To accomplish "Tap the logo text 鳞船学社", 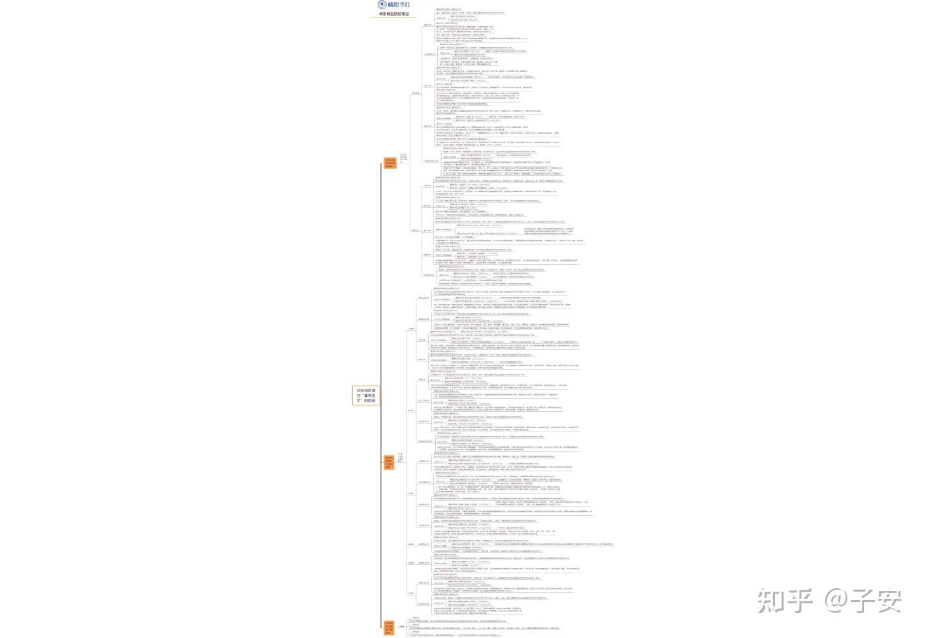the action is [399, 5].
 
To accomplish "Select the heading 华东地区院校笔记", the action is [394, 14].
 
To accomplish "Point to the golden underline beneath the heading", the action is [394, 17].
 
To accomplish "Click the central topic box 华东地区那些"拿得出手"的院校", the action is [366, 395].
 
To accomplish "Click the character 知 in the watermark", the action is [772, 601].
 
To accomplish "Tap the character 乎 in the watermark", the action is [801, 601].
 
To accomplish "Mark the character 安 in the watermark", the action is [889, 601].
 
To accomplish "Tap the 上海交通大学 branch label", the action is [429, 54].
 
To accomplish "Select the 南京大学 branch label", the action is [427, 126].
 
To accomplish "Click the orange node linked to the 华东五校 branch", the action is [389, 163].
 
